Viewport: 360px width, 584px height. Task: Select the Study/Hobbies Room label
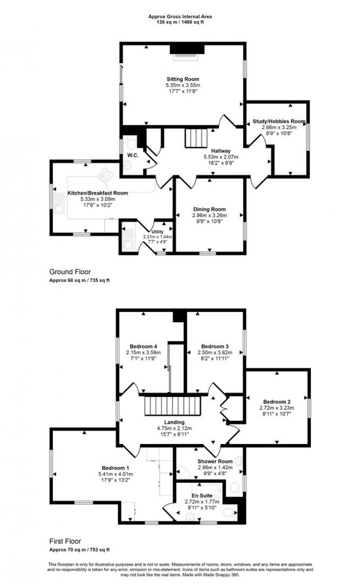(279, 121)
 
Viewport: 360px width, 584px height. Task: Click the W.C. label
(133, 155)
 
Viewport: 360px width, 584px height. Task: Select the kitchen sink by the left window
(59, 204)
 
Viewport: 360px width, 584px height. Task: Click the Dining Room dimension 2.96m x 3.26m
(209, 215)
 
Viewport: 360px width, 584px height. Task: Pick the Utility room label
(158, 232)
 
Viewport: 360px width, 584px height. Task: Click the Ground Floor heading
(70, 272)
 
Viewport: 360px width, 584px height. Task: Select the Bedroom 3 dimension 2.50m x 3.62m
(215, 352)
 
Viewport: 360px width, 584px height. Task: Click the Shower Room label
(215, 461)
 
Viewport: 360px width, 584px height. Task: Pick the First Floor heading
(65, 541)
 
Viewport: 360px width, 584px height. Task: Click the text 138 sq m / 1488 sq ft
(180, 22)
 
